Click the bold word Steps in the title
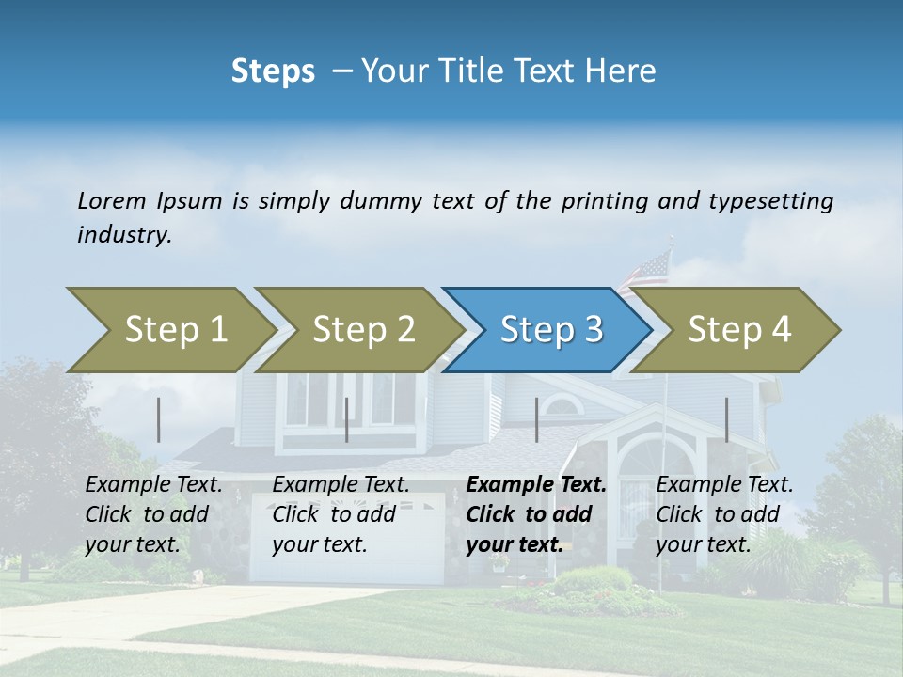[x=273, y=71]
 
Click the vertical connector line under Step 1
[x=159, y=419]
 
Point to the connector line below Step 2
[x=347, y=419]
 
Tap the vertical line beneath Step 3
[x=536, y=419]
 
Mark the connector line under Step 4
[x=726, y=419]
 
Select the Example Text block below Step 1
[x=153, y=514]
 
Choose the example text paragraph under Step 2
[x=341, y=514]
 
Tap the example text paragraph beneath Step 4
[x=724, y=514]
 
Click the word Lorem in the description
[x=112, y=201]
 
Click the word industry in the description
[x=123, y=235]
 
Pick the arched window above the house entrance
[x=562, y=406]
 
